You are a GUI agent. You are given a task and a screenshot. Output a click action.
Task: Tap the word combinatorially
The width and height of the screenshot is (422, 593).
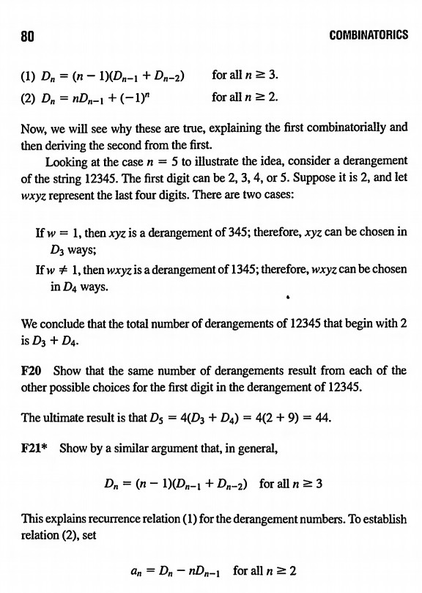coord(348,127)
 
